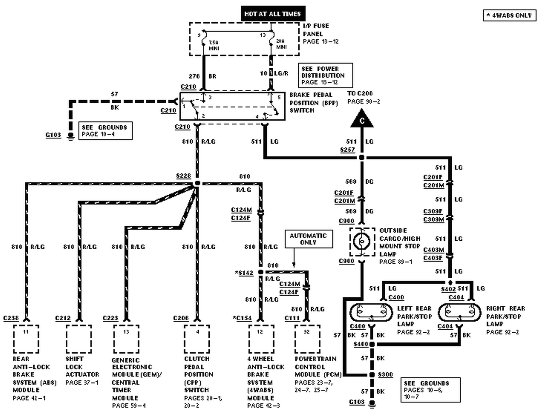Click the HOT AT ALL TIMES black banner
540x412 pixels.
(x=273, y=14)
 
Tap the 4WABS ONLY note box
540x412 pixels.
(x=509, y=15)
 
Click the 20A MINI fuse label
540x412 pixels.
(x=281, y=44)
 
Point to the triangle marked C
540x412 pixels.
(x=362, y=119)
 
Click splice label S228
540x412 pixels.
(x=183, y=176)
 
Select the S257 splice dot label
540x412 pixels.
(x=347, y=150)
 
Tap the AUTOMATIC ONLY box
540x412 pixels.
(x=308, y=239)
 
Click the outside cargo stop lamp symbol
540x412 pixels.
(x=362, y=242)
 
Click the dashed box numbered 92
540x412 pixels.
(x=307, y=339)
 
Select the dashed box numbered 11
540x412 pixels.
(x=26, y=339)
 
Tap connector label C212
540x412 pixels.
(x=63, y=318)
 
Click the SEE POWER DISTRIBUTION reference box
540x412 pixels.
(x=325, y=75)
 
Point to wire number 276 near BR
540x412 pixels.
(x=194, y=76)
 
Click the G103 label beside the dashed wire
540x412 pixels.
(x=53, y=135)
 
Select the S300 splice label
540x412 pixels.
(x=385, y=375)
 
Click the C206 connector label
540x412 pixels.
(x=181, y=318)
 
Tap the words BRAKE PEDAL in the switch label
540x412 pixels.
(x=311, y=95)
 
